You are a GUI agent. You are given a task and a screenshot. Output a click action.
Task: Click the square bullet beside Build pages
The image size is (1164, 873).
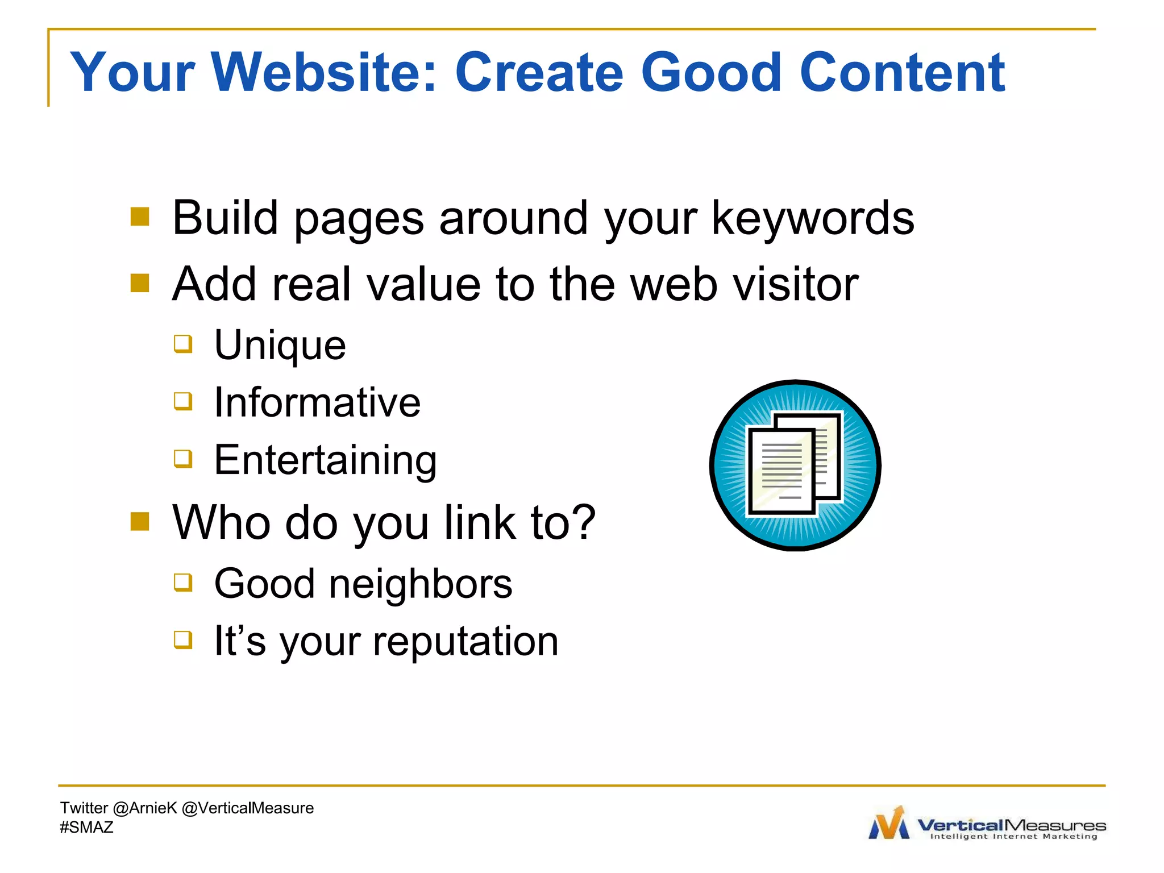coord(140,217)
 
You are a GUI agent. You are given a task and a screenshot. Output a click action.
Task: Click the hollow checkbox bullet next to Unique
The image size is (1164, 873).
coord(183,344)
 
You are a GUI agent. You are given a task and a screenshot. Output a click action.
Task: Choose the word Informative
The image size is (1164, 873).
coord(317,402)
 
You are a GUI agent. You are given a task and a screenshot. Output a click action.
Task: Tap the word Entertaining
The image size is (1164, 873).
coord(325,460)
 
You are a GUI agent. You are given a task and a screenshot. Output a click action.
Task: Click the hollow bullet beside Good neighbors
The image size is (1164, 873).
coord(183,582)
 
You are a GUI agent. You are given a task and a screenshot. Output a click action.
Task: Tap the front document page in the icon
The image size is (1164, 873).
coord(780,472)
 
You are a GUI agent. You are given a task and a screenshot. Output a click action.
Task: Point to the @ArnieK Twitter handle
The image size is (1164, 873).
coord(145,808)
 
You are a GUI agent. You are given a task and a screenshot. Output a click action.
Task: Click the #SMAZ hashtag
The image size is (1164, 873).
coord(86,828)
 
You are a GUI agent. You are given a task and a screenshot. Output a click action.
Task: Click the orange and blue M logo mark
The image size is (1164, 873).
coord(889,823)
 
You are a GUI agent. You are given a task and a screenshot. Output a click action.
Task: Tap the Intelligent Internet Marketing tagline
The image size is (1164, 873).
coord(1013,837)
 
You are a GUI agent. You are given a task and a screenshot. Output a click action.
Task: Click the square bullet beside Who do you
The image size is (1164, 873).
coord(140,521)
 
